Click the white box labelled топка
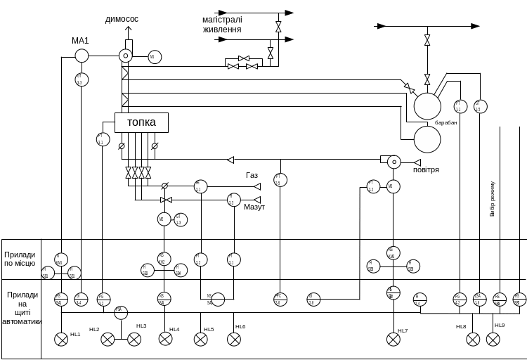tap(141, 122)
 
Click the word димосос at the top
tap(122, 19)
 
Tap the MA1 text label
tap(80, 41)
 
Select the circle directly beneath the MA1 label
tap(82, 56)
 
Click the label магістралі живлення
tap(222, 25)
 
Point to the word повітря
tap(426, 170)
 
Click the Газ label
tap(252, 175)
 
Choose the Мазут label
tap(254, 207)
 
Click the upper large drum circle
tap(427, 106)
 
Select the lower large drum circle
tap(427, 139)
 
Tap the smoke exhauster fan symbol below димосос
tap(125, 56)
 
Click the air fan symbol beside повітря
tap(394, 162)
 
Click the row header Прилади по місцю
tap(20, 259)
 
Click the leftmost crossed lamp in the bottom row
tap(61, 340)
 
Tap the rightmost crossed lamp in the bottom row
tap(493, 340)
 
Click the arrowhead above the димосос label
tap(127, 30)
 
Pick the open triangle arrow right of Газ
tap(257, 186)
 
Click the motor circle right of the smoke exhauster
tap(155, 57)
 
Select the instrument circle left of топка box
tap(103, 139)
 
